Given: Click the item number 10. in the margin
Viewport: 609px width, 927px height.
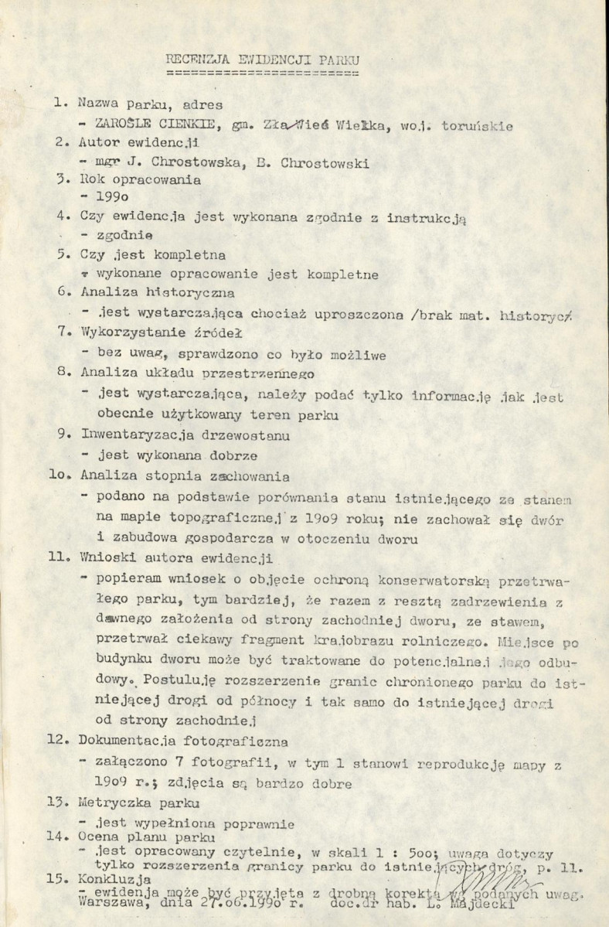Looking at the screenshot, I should pos(61,477).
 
